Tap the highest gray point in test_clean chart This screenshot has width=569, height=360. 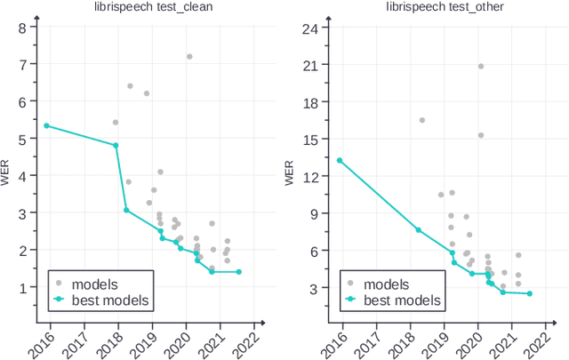coord(189,57)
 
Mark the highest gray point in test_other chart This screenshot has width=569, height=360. coord(481,66)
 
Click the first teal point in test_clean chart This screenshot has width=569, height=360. coord(46,125)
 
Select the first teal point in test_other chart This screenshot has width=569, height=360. coord(340,160)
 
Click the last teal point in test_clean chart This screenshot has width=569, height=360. coord(238,272)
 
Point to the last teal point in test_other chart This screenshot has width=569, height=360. coord(529,293)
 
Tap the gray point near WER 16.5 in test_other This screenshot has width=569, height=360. coord(421,120)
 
